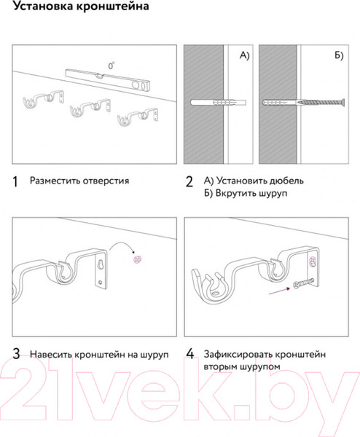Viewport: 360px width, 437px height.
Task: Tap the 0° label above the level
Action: click(111, 66)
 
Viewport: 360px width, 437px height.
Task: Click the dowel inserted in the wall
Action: click(212, 101)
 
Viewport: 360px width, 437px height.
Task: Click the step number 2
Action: click(189, 181)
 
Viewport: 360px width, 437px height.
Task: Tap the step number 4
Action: click(189, 355)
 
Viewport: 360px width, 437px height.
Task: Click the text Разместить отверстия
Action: click(79, 180)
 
